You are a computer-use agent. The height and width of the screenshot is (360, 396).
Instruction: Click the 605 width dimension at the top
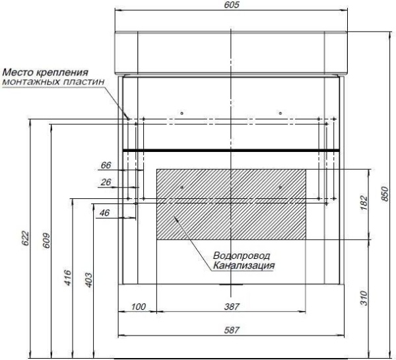tap(232, 5)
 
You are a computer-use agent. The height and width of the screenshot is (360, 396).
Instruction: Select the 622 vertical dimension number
tap(26, 238)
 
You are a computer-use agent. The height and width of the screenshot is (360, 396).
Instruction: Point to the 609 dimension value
tap(47, 240)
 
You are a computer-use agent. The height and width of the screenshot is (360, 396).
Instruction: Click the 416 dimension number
tap(68, 278)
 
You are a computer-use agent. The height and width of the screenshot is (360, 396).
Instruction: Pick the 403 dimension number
tap(89, 280)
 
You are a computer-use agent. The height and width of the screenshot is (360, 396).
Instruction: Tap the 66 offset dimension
tap(106, 165)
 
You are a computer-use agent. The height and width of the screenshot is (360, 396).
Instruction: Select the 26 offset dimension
tap(106, 182)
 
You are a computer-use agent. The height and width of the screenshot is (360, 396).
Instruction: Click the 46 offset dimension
tap(104, 213)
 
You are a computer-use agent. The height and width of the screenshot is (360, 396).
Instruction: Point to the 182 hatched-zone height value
tap(364, 202)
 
